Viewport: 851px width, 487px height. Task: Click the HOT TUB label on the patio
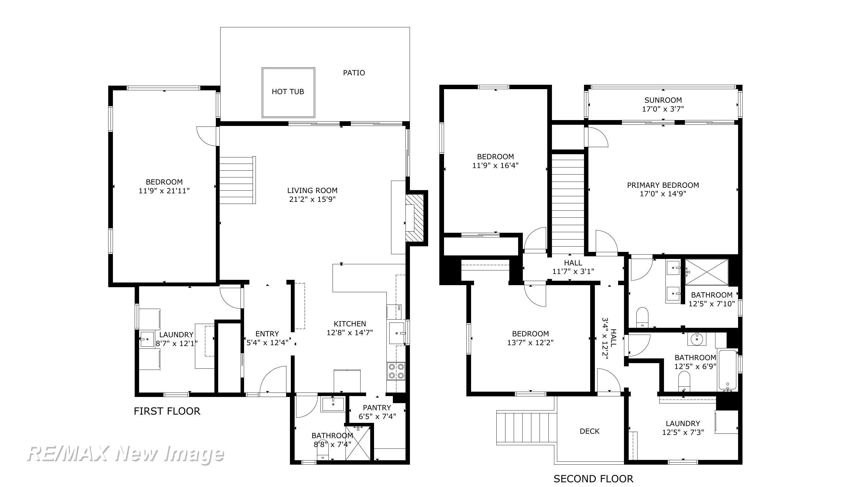[288, 92]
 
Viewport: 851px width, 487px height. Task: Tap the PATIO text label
[354, 73]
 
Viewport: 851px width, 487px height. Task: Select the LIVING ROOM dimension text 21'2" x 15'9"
[312, 199]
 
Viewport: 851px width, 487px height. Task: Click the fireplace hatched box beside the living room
[414, 218]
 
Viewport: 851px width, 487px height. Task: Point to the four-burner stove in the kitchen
[396, 371]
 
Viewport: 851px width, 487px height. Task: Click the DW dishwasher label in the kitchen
[399, 308]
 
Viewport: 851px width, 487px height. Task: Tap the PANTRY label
[377, 407]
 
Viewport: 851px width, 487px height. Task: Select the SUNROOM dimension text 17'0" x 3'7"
[663, 109]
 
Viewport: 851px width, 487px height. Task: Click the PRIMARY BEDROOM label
[663, 185]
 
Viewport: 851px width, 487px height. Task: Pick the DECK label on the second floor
[590, 431]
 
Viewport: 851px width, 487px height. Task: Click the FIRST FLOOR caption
[167, 411]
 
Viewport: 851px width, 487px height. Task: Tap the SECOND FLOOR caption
[593, 479]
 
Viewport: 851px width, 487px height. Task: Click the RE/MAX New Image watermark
[125, 454]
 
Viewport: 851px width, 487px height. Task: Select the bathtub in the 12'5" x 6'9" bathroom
[727, 370]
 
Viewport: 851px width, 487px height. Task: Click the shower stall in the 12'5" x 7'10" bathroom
[707, 272]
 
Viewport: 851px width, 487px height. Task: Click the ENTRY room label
[267, 333]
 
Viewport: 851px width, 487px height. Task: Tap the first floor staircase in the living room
[238, 180]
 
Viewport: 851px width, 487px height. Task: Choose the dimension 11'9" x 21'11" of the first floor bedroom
[164, 191]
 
